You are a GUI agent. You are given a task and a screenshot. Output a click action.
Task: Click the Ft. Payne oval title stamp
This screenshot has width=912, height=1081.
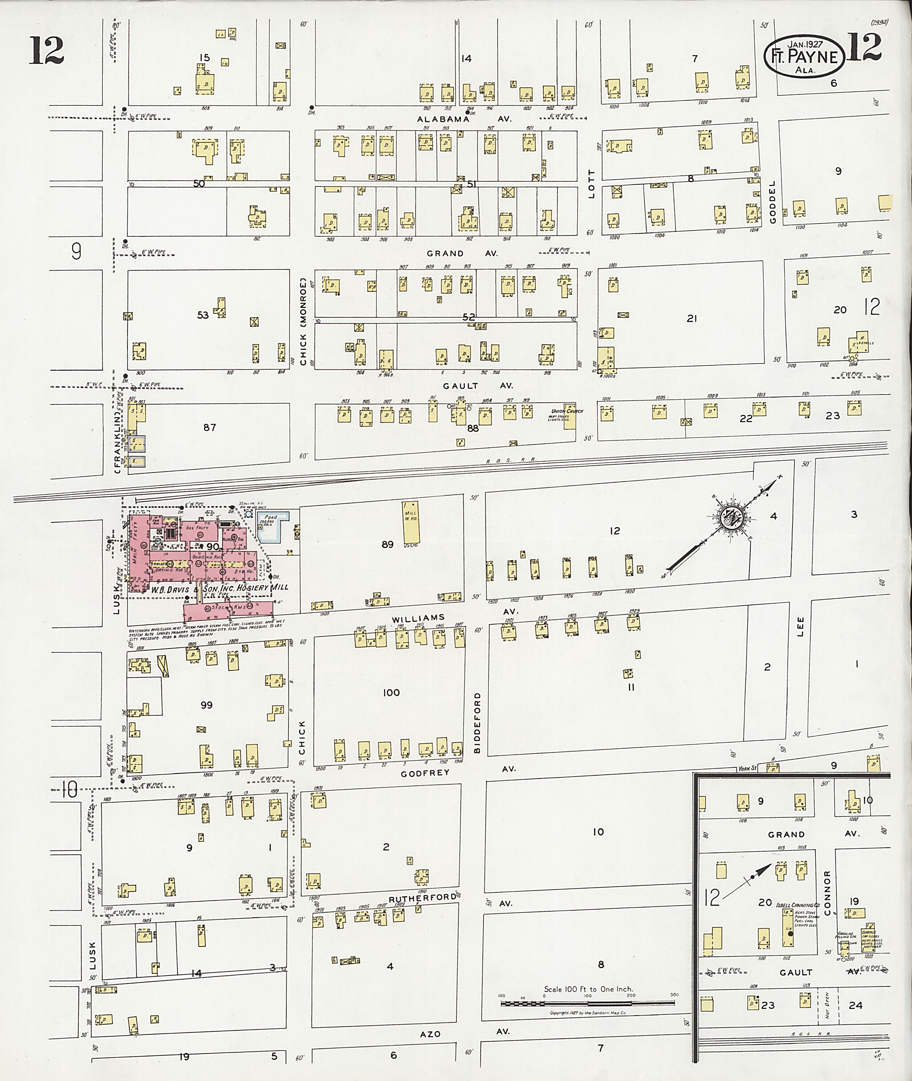pos(805,55)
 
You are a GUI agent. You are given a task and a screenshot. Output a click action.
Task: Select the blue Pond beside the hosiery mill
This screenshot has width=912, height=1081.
pos(270,526)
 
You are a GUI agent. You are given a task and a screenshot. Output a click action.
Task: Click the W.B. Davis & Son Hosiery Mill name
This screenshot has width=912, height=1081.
pos(219,587)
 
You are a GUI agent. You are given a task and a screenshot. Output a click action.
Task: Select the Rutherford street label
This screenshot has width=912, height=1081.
pos(423,899)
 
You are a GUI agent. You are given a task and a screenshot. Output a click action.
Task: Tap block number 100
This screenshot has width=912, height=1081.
pos(391,692)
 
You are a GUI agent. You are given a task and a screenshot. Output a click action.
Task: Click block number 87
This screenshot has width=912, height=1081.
pos(209,427)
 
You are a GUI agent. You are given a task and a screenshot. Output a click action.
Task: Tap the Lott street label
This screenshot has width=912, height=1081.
pos(591,183)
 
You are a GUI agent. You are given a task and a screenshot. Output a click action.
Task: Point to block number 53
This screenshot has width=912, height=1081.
pos(203,315)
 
